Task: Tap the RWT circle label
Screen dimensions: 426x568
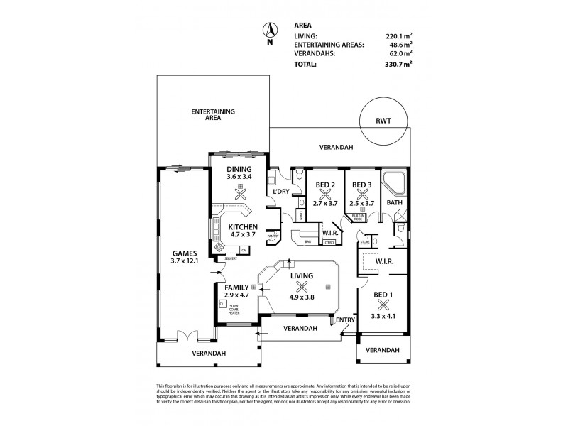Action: (x=384, y=121)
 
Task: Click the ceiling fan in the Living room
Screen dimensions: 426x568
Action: (x=302, y=287)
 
